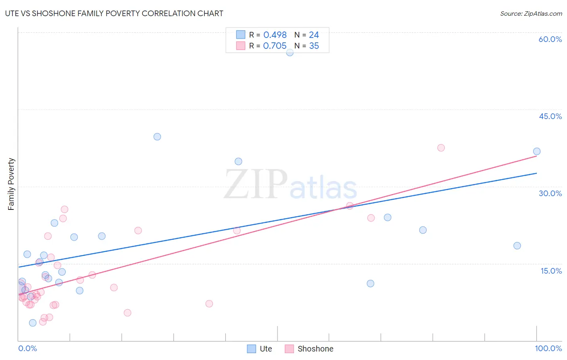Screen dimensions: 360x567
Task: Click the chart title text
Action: click(x=114, y=13)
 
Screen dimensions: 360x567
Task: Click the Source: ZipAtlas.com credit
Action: click(x=531, y=13)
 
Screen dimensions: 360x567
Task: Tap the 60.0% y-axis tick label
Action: click(x=550, y=39)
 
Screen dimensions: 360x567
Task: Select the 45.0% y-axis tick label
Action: click(x=550, y=116)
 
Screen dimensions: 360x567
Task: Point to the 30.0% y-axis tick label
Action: click(x=550, y=193)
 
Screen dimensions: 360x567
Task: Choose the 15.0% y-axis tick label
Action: click(x=551, y=271)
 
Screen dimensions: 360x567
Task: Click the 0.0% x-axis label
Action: click(x=27, y=348)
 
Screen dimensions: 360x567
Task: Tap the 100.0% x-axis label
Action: click(x=548, y=348)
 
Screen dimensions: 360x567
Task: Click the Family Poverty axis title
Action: click(x=11, y=184)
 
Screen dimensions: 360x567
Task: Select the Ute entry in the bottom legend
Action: click(x=259, y=349)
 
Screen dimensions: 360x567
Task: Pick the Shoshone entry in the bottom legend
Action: click(x=309, y=349)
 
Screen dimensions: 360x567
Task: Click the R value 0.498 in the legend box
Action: click(x=275, y=35)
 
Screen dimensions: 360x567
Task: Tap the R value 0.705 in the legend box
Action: click(x=275, y=46)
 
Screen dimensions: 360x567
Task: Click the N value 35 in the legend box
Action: click(x=314, y=46)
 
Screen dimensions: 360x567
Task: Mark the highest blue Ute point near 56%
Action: click(x=290, y=52)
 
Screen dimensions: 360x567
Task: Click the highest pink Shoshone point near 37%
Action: click(x=441, y=148)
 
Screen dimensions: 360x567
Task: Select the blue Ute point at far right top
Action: click(x=536, y=151)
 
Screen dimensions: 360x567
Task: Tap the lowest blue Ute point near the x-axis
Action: click(x=33, y=323)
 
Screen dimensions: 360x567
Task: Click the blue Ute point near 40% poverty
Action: click(x=157, y=137)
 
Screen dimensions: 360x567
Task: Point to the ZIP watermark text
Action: click(x=255, y=185)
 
